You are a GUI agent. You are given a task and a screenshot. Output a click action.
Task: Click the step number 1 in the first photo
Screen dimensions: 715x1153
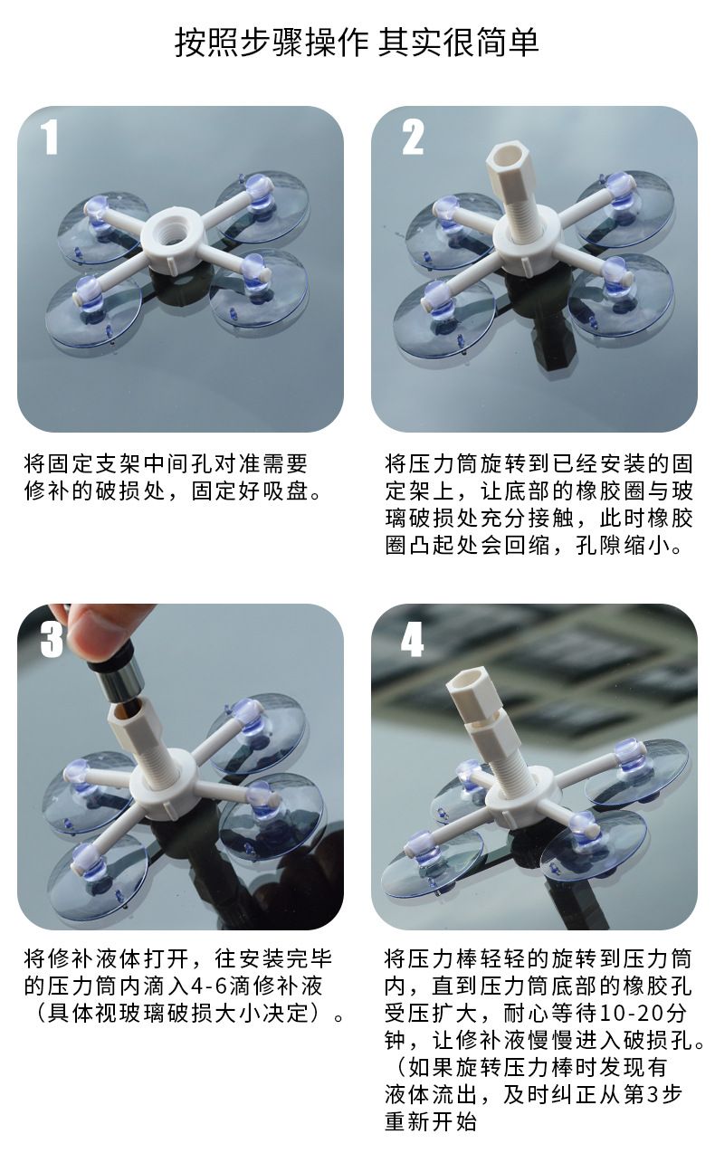[x=50, y=137]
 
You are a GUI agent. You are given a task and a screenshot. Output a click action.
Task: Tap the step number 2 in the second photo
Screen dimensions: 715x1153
[x=413, y=137]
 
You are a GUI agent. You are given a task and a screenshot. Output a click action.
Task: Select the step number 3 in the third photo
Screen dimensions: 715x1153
[x=52, y=640]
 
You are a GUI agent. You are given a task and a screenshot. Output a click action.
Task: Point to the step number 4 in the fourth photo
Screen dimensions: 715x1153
[x=413, y=640]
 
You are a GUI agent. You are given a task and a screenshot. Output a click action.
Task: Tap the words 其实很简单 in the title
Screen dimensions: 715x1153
[x=459, y=43]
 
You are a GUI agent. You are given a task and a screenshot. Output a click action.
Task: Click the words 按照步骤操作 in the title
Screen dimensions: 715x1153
[x=272, y=43]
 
